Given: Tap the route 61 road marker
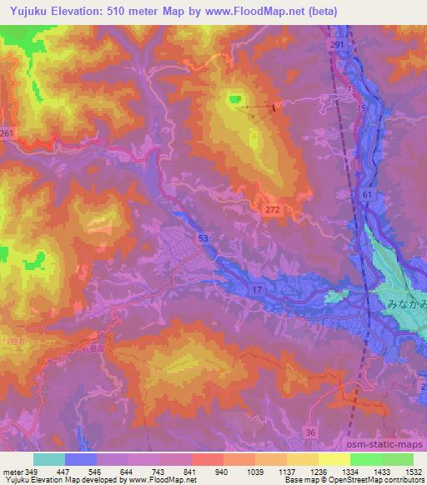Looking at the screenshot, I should click(x=368, y=194).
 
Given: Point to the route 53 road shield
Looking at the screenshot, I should click(x=205, y=238).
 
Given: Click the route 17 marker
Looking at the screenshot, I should click(x=258, y=287).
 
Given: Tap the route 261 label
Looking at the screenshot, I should click(x=7, y=133).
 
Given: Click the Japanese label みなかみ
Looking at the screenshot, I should click(x=404, y=306).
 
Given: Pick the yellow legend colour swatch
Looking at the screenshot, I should click(x=334, y=459).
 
